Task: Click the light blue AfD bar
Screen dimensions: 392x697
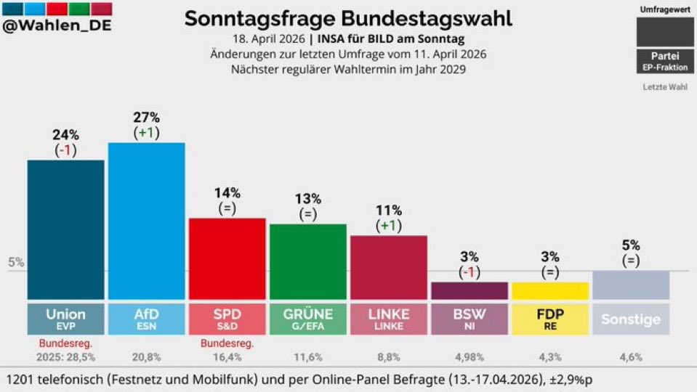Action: coord(146,221)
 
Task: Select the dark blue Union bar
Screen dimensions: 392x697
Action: coord(65,229)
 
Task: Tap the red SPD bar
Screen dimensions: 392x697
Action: coord(227,258)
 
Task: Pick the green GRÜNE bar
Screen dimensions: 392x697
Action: coord(307,261)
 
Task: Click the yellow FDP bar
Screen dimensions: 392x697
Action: coord(550,291)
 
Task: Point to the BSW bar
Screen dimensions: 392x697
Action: coord(469,291)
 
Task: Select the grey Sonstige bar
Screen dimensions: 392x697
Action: coord(631,285)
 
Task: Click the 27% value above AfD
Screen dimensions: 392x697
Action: coord(146,118)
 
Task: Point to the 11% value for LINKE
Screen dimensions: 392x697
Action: coord(388,211)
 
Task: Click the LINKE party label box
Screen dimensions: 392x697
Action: coord(388,319)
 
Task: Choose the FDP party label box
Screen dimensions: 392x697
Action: coord(550,319)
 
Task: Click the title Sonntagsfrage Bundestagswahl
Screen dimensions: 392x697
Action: coord(348,18)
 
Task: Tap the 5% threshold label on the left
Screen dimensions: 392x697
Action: coord(15,263)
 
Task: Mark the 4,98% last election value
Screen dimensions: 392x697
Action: coord(469,357)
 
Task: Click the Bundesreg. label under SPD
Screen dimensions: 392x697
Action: coord(227,343)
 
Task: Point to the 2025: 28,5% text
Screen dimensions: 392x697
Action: coord(65,357)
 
